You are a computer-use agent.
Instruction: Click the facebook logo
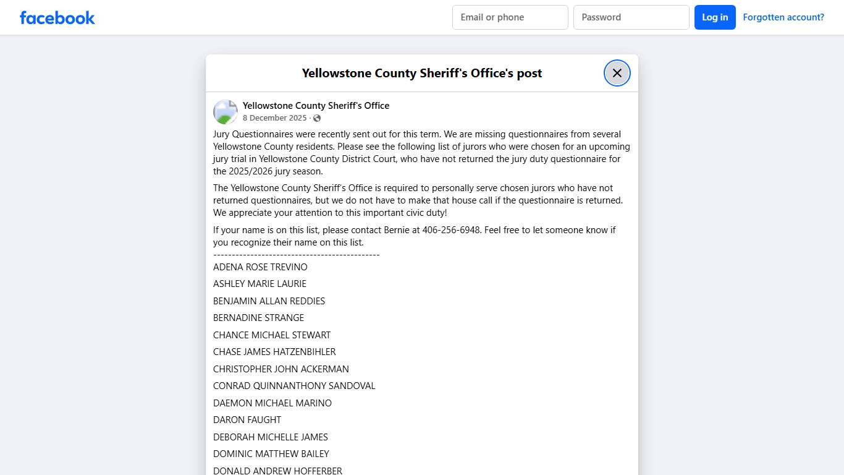[57, 17]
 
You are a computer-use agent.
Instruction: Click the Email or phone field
[510, 17]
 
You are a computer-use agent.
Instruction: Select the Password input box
[631, 17]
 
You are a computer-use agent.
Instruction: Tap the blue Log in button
[715, 17]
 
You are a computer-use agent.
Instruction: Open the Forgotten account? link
[783, 17]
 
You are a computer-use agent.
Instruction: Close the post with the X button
[617, 73]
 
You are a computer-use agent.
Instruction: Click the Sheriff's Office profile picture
[226, 112]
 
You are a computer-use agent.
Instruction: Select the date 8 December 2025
[274, 118]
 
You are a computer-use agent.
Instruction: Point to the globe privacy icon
[317, 118]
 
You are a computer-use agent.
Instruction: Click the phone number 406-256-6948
[450, 230]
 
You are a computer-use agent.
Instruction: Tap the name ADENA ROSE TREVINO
[260, 267]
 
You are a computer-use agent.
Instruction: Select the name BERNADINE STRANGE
[258, 318]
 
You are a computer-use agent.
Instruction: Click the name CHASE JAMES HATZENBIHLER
[274, 352]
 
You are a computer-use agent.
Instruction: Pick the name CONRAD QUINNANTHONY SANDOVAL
[294, 386]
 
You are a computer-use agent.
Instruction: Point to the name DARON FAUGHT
[247, 420]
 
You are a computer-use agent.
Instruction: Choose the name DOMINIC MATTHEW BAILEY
[271, 454]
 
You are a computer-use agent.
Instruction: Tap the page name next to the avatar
[316, 106]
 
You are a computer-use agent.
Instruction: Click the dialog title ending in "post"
[421, 73]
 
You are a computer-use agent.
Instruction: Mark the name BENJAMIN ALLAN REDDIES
[269, 301]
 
